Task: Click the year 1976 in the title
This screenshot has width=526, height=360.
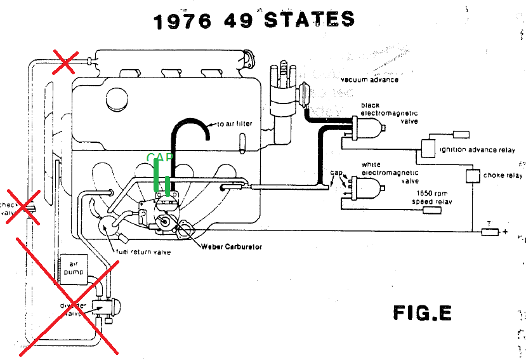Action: click(183, 21)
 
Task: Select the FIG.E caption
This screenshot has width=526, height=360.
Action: click(422, 312)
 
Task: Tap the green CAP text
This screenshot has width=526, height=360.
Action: click(159, 157)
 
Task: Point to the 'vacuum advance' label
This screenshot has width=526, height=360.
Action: click(370, 80)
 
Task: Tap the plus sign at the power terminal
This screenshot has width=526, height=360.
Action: click(505, 232)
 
